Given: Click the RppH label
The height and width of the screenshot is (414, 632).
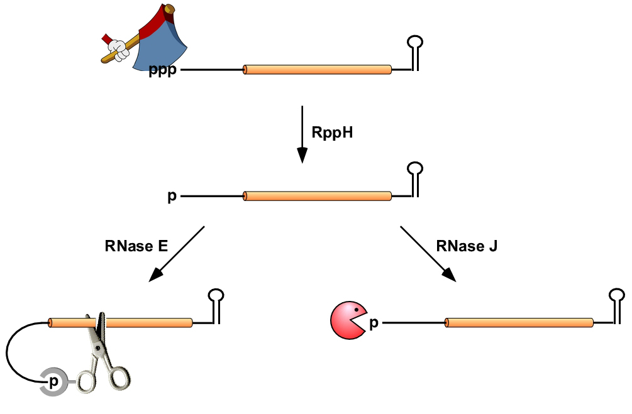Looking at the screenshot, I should (333, 133).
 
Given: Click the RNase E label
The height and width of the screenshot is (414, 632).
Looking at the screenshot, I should (136, 247).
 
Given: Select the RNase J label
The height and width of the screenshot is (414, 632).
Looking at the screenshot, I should (466, 247).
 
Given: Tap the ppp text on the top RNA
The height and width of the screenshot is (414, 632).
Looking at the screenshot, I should (163, 71).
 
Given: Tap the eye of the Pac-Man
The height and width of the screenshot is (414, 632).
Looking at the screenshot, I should (357, 310).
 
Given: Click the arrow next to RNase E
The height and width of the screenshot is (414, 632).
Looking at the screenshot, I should (176, 254).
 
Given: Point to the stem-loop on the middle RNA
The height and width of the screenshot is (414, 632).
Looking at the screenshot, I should (416, 178).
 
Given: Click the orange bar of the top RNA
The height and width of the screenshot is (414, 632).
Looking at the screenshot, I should (318, 70).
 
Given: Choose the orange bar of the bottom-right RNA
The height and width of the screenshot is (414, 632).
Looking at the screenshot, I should (519, 323).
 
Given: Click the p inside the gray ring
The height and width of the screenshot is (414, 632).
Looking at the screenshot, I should (54, 381).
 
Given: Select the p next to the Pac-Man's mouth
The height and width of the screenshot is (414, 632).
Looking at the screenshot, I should (374, 324).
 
